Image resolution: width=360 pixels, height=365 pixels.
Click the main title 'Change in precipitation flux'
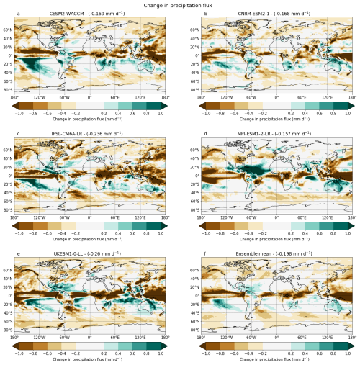[180, 5]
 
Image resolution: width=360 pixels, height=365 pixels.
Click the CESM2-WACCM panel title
[89, 14]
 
